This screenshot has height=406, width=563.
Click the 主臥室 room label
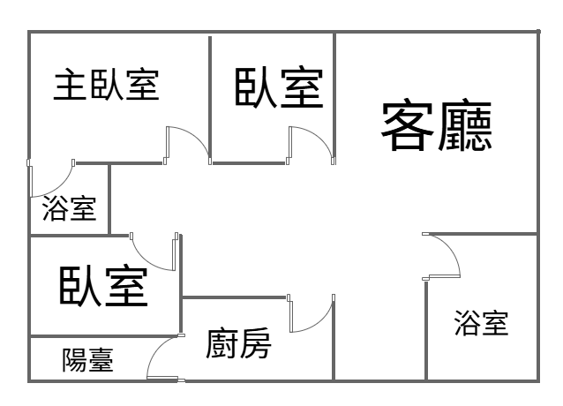(x=107, y=85)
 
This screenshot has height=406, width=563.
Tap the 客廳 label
(x=436, y=125)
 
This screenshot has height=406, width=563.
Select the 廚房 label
(x=238, y=343)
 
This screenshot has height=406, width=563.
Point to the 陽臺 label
(x=87, y=360)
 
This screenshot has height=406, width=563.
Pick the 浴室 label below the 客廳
(x=481, y=323)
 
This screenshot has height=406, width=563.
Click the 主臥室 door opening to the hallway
(x=187, y=146)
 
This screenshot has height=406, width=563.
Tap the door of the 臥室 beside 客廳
(x=311, y=145)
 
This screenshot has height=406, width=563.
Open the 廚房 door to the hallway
(x=311, y=314)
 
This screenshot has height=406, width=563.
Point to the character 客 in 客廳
(x=408, y=125)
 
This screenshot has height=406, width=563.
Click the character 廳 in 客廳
(x=465, y=125)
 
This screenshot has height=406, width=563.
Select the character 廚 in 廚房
(x=221, y=343)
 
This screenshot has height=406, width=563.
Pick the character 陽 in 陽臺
(x=74, y=360)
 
